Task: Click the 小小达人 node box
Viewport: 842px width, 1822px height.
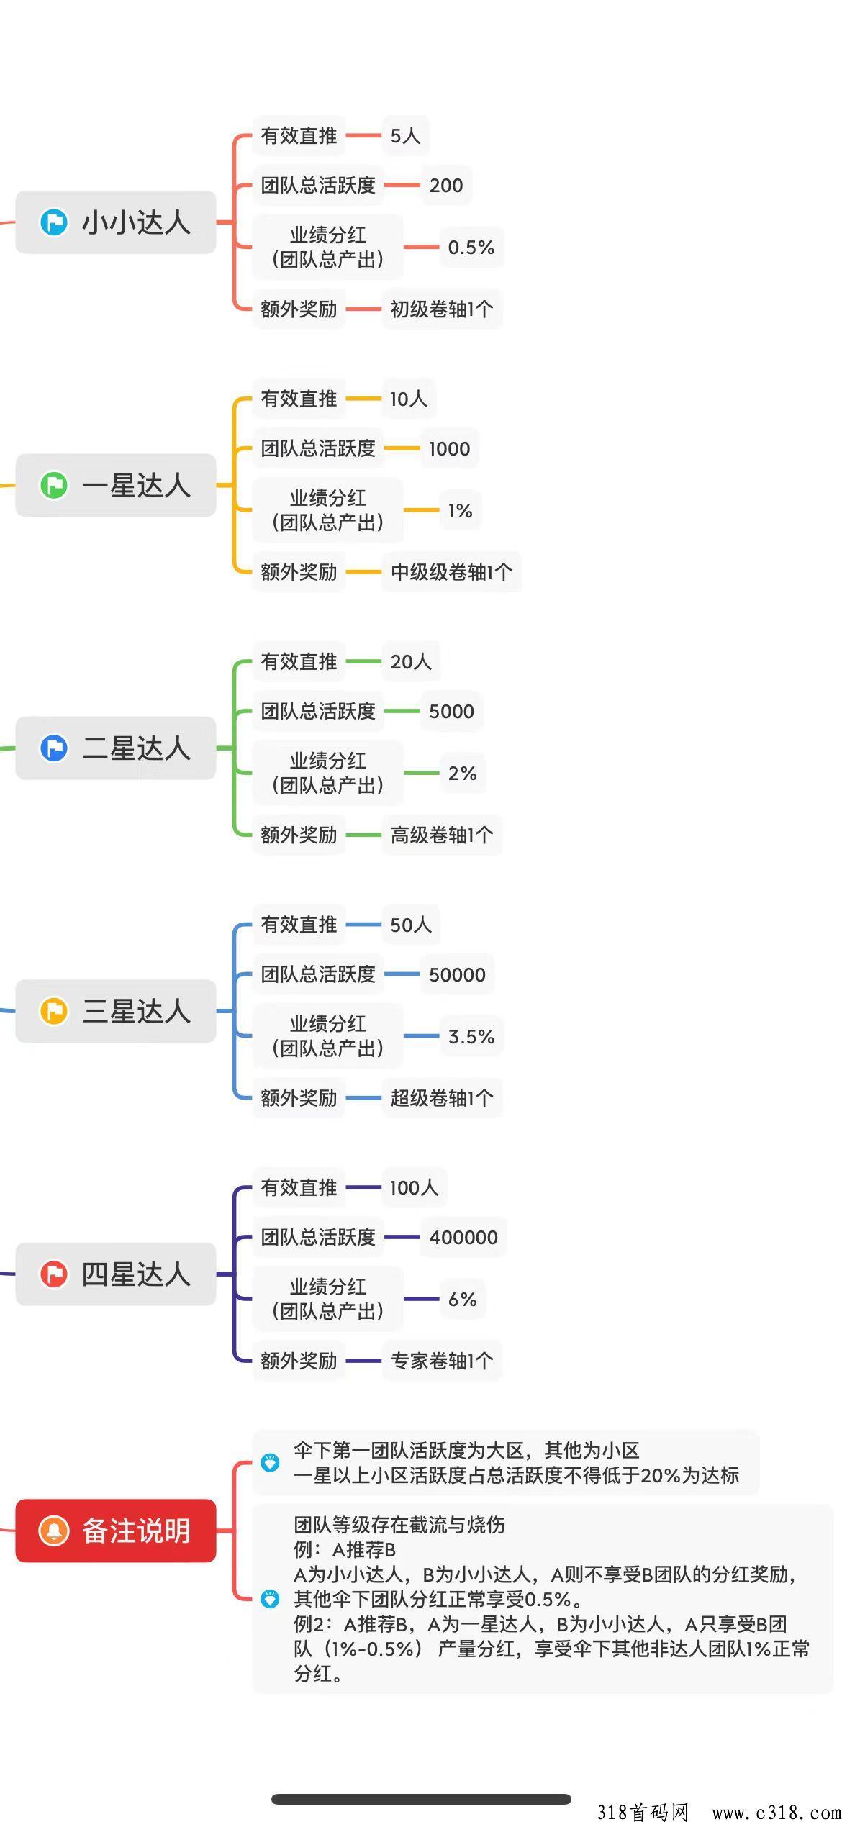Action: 116,222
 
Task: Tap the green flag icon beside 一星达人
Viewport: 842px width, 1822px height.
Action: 54,485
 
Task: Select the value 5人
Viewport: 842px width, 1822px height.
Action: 405,136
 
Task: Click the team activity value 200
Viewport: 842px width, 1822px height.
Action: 445,186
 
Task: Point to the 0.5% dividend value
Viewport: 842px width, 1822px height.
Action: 471,248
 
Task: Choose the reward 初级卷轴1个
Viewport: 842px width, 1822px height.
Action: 441,309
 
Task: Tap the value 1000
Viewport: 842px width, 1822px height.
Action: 449,449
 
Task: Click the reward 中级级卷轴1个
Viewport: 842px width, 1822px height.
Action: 451,572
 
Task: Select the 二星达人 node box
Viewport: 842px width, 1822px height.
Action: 116,748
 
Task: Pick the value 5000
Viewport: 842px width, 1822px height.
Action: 451,712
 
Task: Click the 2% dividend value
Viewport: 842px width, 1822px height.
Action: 462,774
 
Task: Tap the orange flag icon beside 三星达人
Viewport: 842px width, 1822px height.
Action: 54,1011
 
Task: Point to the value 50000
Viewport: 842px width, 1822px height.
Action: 457,975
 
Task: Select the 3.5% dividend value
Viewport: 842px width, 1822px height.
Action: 471,1037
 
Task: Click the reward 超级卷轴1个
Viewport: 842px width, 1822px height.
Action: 441,1098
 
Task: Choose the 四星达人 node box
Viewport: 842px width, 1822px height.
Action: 116,1274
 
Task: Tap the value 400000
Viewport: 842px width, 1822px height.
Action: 463,1238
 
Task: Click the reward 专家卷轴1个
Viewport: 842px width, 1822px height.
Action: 441,1361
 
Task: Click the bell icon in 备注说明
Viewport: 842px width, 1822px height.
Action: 54,1531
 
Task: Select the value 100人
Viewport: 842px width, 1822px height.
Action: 414,1187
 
